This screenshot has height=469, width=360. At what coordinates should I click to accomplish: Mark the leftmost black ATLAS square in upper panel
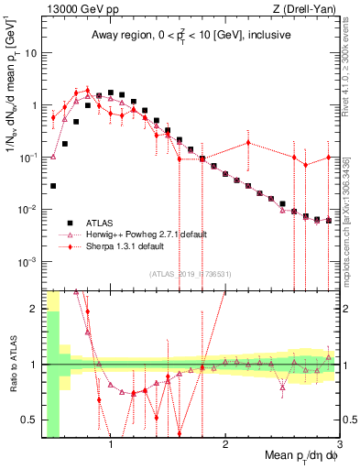tap(53, 185)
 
